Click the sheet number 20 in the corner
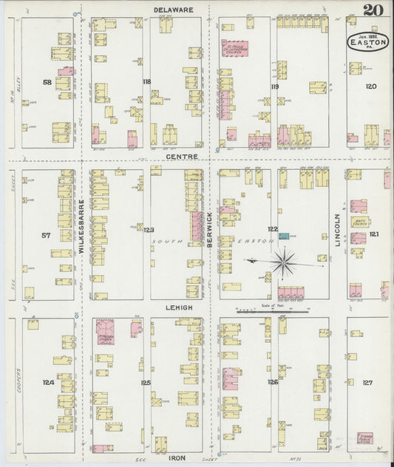[x=372, y=10]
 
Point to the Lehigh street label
[x=179, y=307]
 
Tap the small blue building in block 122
[x=284, y=236]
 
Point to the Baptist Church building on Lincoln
[x=359, y=222]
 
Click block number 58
[x=47, y=83]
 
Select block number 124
[x=48, y=382]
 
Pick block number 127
[x=367, y=382]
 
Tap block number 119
[x=274, y=86]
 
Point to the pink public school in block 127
[x=364, y=438]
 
